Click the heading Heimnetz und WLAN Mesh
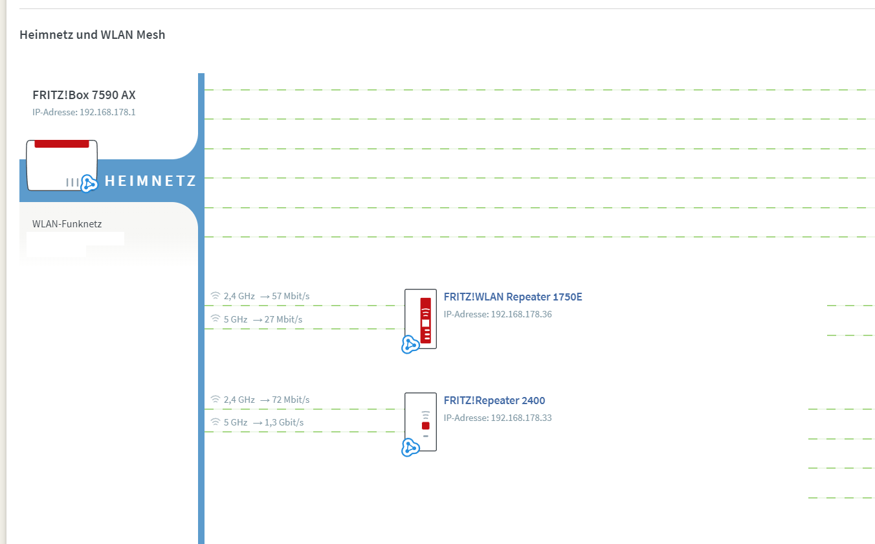click(x=92, y=35)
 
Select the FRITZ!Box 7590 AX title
click(x=84, y=95)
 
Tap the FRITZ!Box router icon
click(x=61, y=165)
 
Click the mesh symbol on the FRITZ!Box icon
click(x=89, y=183)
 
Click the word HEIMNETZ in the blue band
click(x=150, y=181)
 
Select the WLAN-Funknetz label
click(x=67, y=224)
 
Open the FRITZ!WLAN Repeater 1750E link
click(x=513, y=297)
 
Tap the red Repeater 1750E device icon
click(x=421, y=318)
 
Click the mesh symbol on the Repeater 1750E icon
click(x=410, y=345)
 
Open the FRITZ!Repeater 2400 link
click(x=494, y=401)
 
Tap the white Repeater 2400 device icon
click(x=421, y=420)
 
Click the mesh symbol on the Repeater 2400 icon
click(x=410, y=448)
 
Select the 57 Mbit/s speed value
click(x=291, y=296)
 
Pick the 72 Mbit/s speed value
click(x=291, y=400)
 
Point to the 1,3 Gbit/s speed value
click(x=284, y=422)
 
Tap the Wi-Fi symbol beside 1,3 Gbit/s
click(x=216, y=422)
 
